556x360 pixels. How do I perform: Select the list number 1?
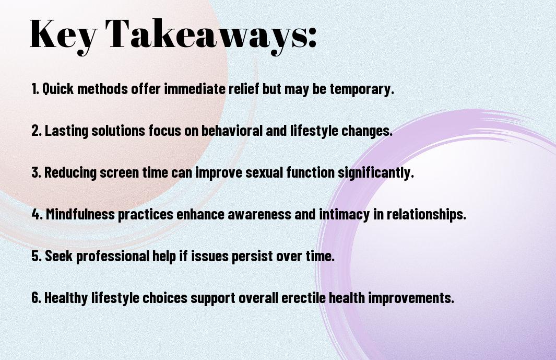34,89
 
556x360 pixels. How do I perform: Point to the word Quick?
58,89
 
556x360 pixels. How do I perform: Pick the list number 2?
36,131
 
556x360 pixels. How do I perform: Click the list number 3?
36,172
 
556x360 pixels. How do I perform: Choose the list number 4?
37,214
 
